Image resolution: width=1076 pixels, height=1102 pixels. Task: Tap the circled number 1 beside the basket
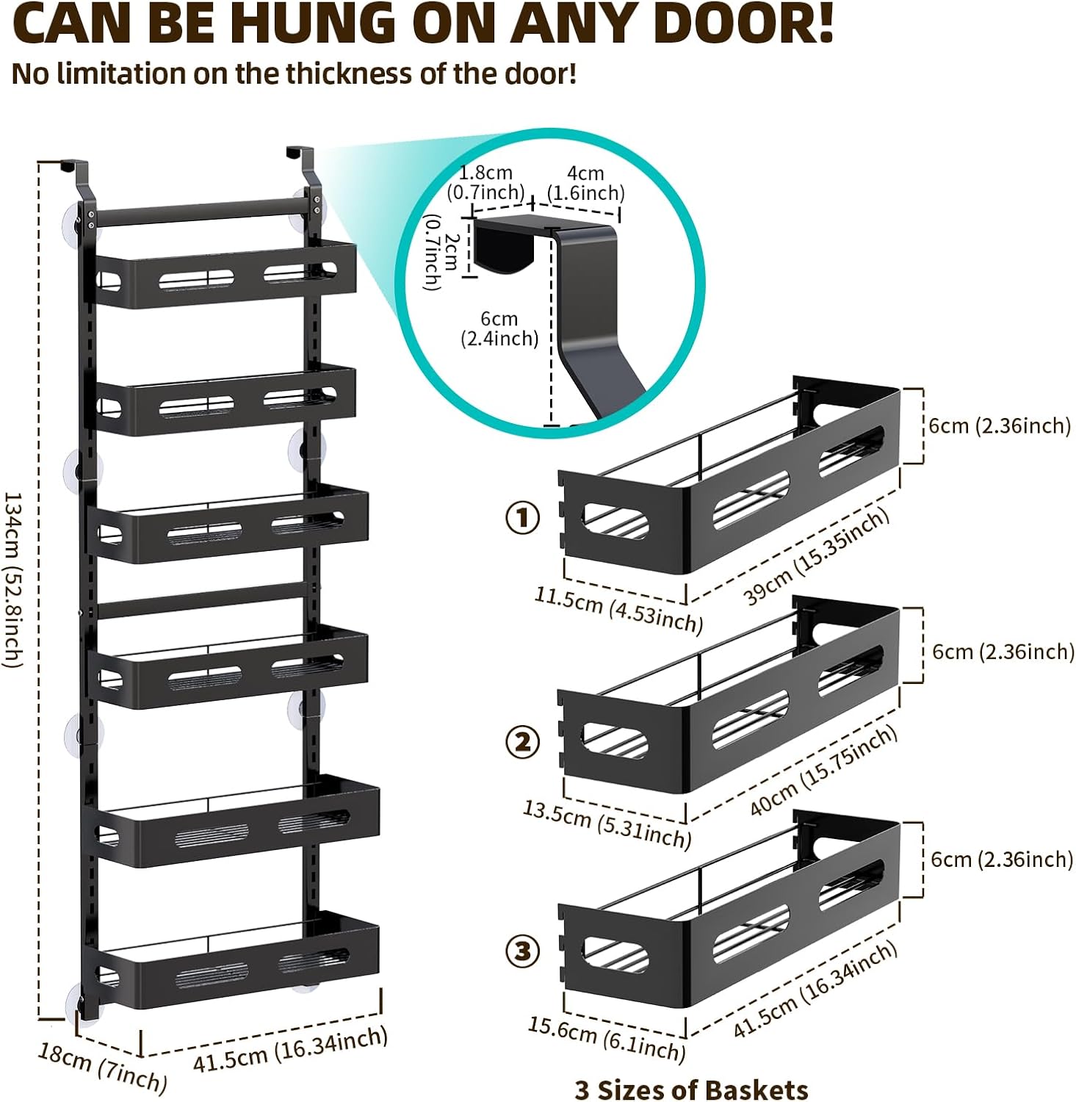[522, 518]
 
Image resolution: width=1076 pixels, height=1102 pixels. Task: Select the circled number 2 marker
[522, 742]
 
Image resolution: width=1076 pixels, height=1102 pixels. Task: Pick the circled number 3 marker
[522, 951]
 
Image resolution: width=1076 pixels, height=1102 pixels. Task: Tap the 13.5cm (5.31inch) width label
[607, 824]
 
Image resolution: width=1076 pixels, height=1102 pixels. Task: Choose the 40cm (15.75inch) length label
[823, 771]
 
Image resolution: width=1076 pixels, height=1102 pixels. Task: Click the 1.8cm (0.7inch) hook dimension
[485, 183]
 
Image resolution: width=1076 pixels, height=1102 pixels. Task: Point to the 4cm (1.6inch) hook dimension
[585, 183]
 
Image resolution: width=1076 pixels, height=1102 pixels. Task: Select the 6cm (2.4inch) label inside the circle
[499, 328]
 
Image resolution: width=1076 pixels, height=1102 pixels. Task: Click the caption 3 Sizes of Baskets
[691, 1090]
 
